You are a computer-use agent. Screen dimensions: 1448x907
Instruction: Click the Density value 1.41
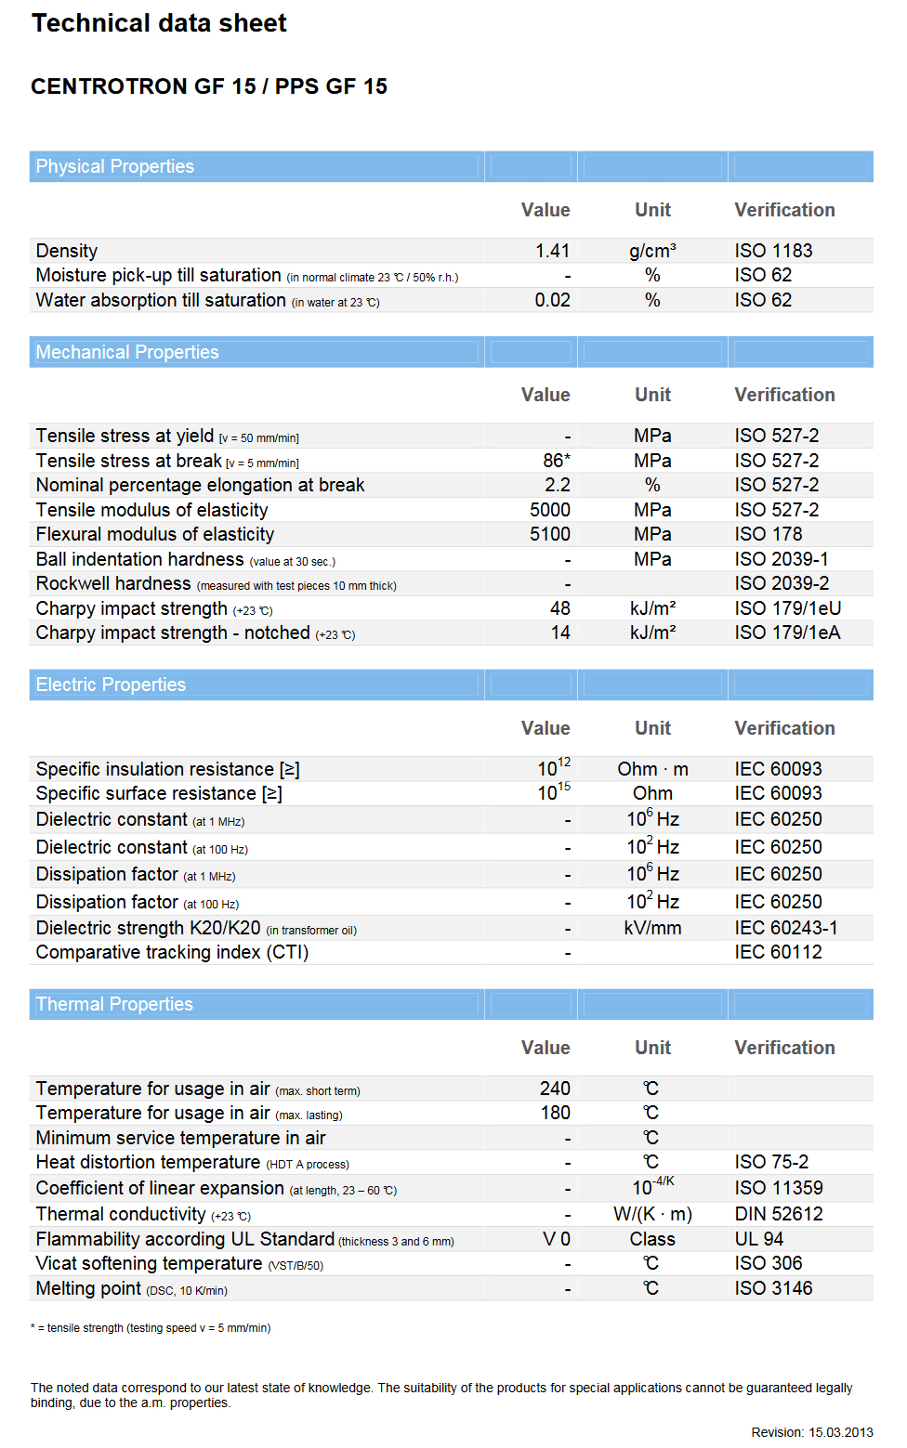(552, 251)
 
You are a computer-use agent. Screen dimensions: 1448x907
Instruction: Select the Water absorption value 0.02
(552, 300)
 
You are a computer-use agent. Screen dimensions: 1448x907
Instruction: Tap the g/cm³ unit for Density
(652, 251)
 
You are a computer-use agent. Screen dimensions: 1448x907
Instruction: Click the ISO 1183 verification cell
(773, 251)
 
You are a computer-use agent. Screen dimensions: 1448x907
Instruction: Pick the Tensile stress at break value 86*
(556, 461)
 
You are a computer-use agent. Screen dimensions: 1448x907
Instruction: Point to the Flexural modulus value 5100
(549, 534)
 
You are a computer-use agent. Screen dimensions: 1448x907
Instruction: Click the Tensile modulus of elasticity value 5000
(549, 510)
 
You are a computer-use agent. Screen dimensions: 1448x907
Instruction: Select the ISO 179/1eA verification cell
(787, 633)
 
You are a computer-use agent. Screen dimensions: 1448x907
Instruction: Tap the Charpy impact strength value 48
(559, 608)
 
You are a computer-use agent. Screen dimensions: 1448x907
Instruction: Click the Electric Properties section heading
(111, 685)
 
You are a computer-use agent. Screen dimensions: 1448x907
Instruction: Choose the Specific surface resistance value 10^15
(553, 792)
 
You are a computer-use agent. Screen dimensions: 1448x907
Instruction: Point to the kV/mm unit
(652, 928)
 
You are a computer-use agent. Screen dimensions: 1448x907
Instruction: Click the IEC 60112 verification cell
(778, 952)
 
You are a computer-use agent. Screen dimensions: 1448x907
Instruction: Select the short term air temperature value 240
(555, 1089)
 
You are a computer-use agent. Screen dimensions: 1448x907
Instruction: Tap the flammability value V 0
(556, 1239)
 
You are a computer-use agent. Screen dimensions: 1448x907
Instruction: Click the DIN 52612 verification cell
(778, 1214)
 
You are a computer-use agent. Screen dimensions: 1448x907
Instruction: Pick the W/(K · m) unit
(652, 1214)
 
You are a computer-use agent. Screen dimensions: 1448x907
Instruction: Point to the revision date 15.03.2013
(840, 1432)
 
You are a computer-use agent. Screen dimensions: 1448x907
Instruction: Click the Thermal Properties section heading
(114, 1004)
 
